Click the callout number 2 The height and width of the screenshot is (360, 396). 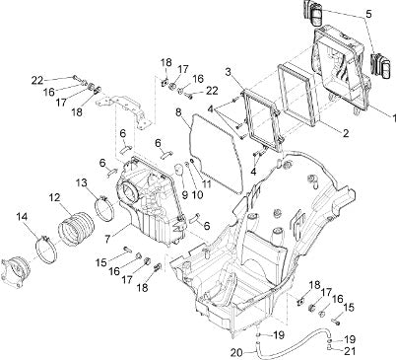345,133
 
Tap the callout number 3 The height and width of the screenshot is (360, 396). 230,72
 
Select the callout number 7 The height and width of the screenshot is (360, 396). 107,239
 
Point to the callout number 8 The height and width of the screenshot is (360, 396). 178,112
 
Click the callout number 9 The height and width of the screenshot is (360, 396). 184,195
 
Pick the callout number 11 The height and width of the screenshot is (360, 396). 206,183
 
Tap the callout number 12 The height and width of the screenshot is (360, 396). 55,197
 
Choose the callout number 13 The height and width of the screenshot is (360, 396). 83,182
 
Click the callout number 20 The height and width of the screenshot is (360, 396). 237,353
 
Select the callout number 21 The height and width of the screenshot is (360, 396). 350,351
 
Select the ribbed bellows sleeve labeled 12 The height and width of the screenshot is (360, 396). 76,229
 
